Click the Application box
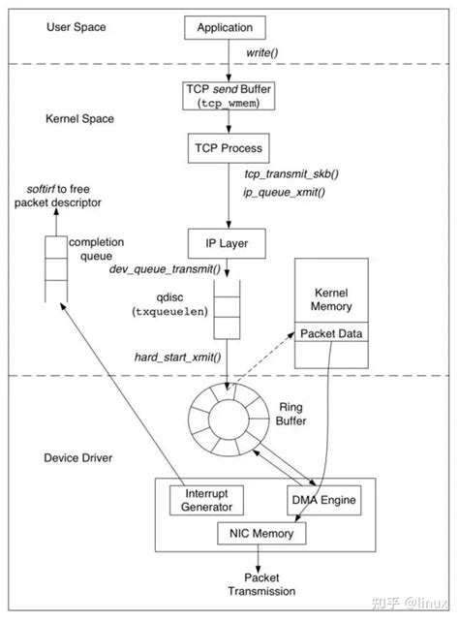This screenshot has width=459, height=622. click(x=224, y=28)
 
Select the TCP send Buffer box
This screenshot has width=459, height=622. click(x=224, y=95)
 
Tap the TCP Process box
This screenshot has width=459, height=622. click(x=225, y=148)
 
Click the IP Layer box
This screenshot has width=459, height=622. click(x=224, y=242)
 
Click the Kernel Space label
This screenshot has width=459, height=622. click(x=79, y=118)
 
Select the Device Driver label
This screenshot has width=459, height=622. click(x=79, y=456)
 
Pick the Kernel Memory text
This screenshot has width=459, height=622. click(x=333, y=299)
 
